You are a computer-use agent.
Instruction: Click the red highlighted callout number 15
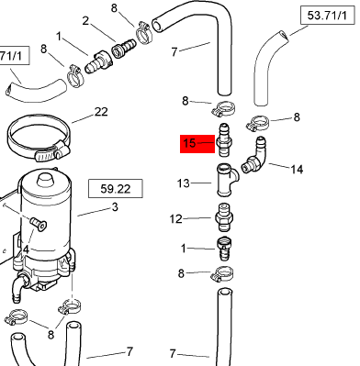(189, 143)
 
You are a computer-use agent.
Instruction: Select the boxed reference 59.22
(116, 189)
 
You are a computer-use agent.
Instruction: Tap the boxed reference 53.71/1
(327, 16)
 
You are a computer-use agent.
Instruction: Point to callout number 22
(101, 112)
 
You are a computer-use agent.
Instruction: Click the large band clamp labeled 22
(39, 138)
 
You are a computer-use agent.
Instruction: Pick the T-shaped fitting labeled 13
(227, 181)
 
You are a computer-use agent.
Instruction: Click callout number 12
(175, 219)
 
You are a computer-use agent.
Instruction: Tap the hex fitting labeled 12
(224, 218)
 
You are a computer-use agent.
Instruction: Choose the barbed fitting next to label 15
(224, 139)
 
